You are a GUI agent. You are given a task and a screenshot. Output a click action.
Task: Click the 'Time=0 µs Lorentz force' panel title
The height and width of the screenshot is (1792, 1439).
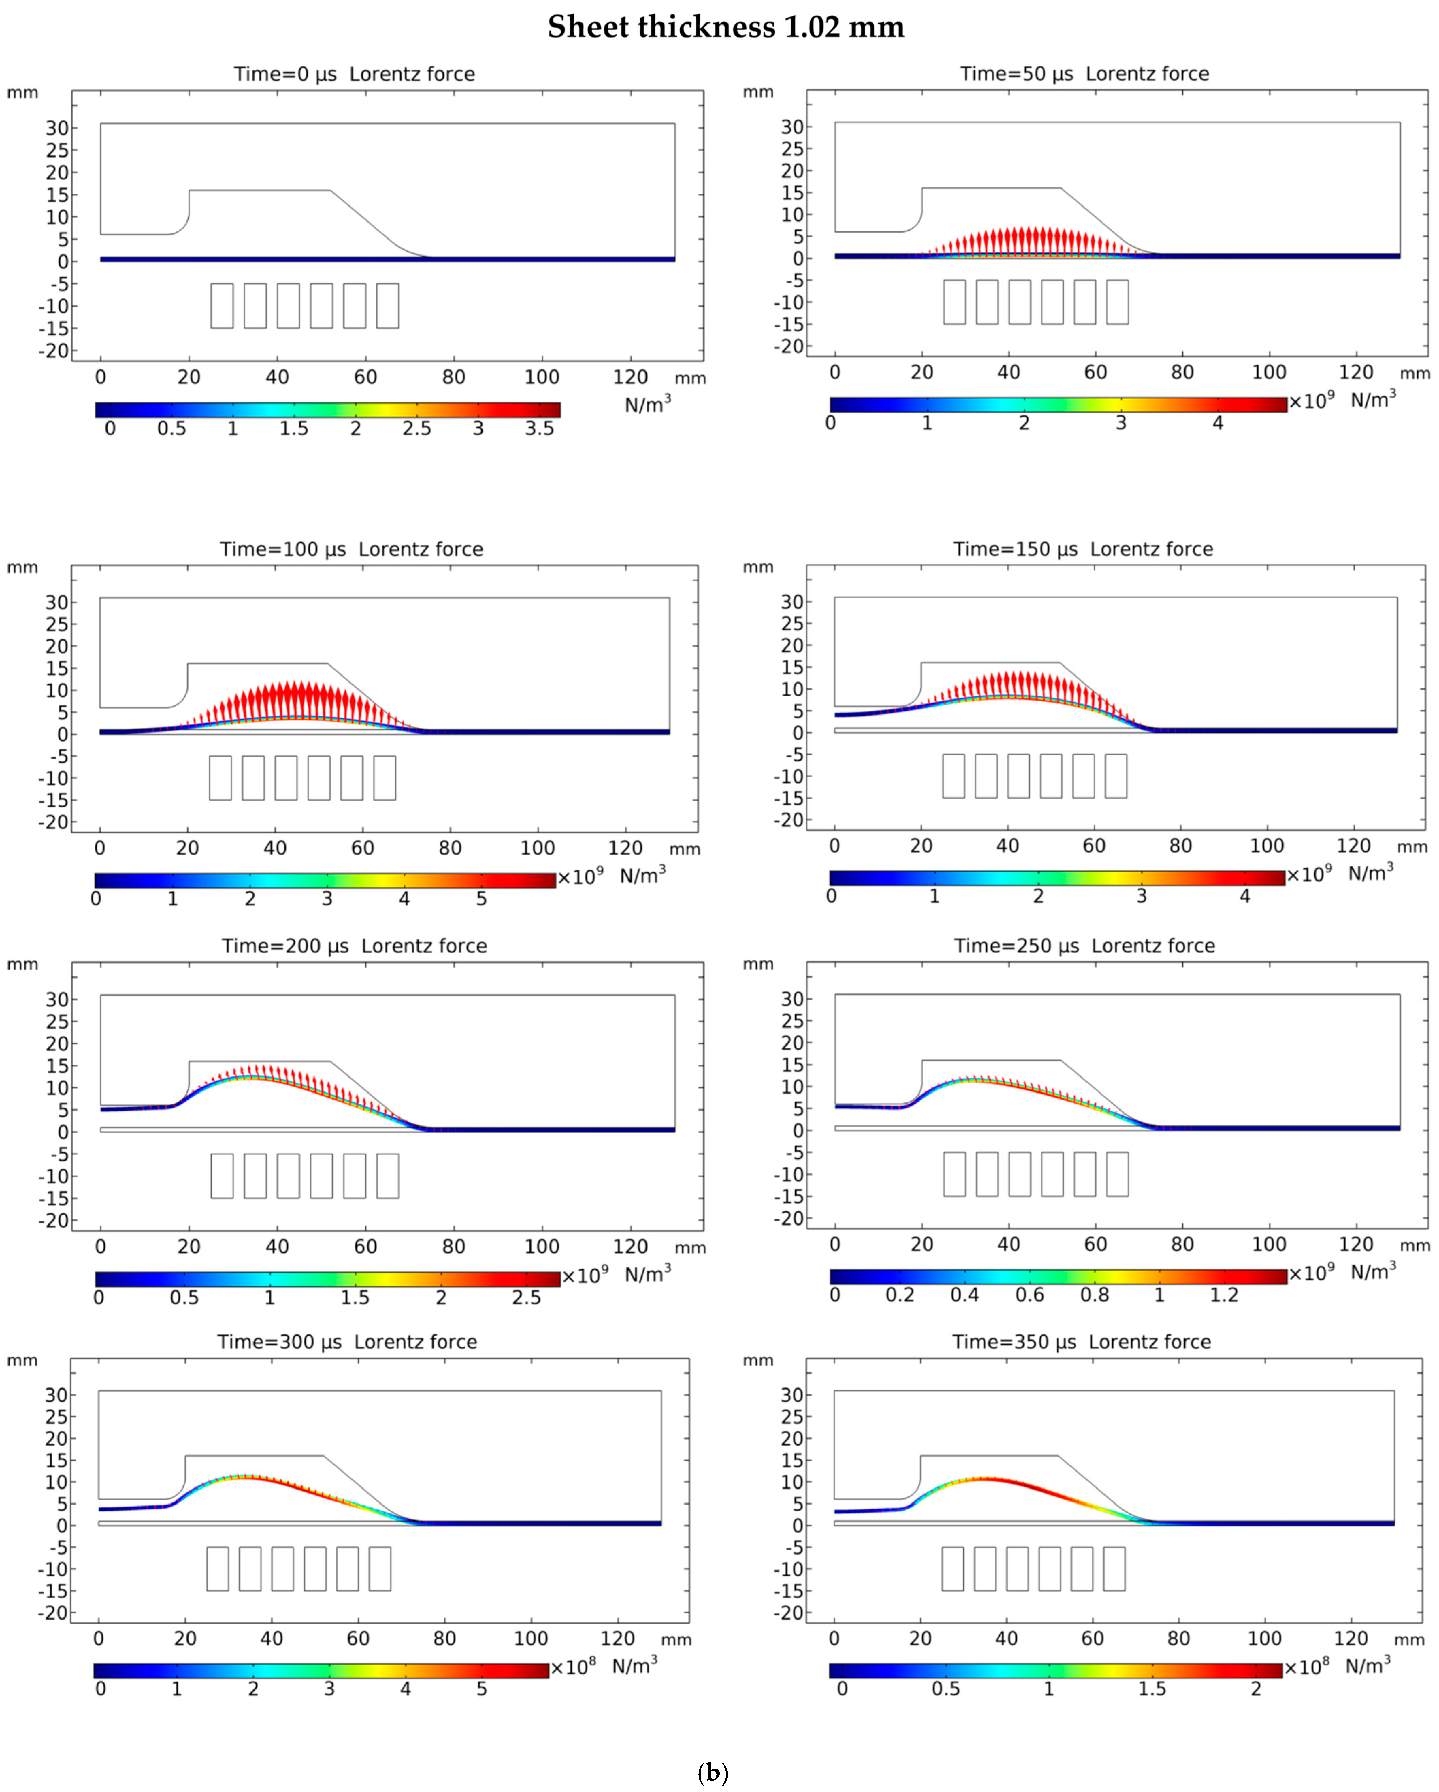(x=354, y=74)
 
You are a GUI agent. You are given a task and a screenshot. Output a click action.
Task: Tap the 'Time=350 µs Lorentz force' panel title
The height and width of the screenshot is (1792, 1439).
(x=1081, y=1342)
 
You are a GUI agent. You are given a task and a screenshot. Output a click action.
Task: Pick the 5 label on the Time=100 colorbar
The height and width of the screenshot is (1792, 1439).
(x=481, y=899)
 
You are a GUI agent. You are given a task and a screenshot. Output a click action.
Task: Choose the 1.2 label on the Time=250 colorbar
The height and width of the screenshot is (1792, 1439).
(x=1224, y=1295)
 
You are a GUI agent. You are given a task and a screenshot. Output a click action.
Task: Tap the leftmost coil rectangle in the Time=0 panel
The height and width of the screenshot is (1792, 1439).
(x=222, y=306)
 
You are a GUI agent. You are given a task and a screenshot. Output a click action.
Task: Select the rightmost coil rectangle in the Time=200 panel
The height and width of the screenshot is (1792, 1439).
(x=387, y=1175)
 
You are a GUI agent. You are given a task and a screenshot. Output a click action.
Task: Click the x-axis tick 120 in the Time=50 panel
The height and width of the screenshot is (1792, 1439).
(x=1356, y=372)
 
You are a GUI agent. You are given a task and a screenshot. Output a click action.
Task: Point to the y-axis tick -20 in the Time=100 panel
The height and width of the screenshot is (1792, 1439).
(x=53, y=822)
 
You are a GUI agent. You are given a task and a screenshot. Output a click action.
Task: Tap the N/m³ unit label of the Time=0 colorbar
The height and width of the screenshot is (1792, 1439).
(x=648, y=405)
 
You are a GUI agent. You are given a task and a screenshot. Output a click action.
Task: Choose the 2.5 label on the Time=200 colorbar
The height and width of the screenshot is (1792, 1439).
(x=526, y=1297)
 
